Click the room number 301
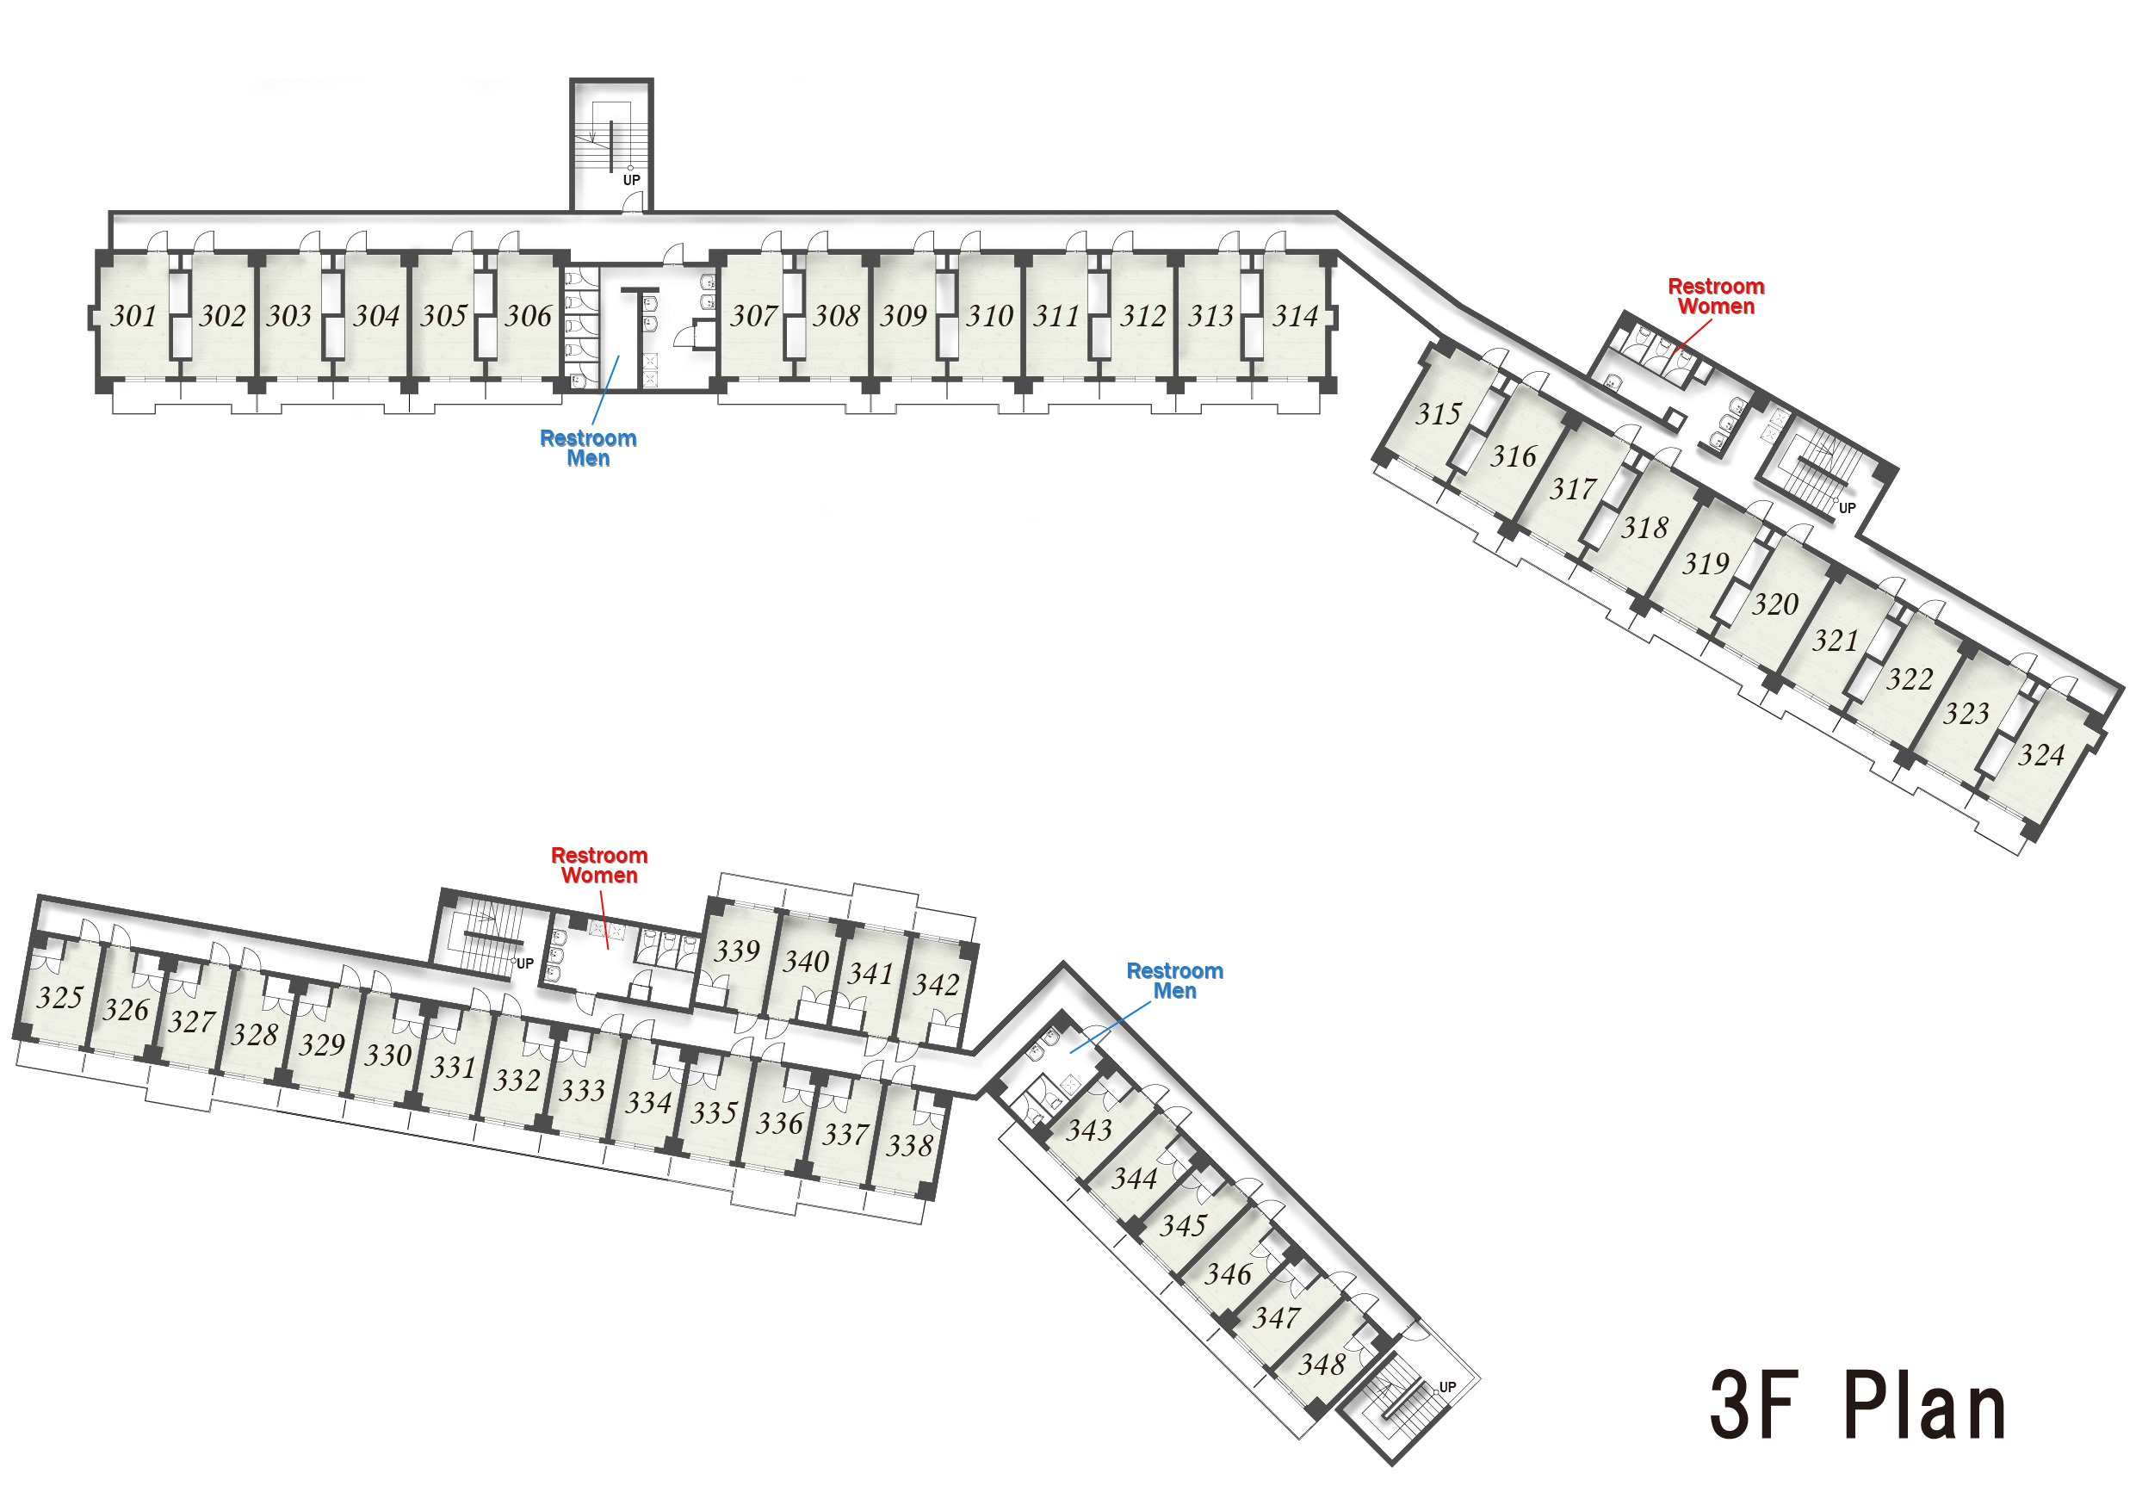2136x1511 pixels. click(x=134, y=316)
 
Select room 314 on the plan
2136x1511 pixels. click(x=1296, y=316)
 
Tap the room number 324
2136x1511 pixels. click(x=2041, y=754)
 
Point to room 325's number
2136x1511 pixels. click(x=60, y=997)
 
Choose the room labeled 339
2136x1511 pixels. click(x=737, y=951)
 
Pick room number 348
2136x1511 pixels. click(x=1322, y=1365)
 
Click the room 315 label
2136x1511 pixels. click(x=1439, y=414)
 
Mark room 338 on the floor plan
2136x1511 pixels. click(x=909, y=1145)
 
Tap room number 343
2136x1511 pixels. click(x=1088, y=1130)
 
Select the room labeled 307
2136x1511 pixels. click(x=753, y=316)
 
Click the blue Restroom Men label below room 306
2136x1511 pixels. click(x=588, y=449)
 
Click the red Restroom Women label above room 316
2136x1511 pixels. click(x=1716, y=297)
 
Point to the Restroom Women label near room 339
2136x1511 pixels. click(x=599, y=865)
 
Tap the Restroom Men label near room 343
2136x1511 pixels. click(x=1174, y=981)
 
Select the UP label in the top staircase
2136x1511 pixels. click(x=632, y=181)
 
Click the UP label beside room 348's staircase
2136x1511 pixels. click(x=1447, y=1387)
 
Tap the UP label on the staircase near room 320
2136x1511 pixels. click(x=1847, y=508)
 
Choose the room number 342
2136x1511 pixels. click(x=936, y=984)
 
